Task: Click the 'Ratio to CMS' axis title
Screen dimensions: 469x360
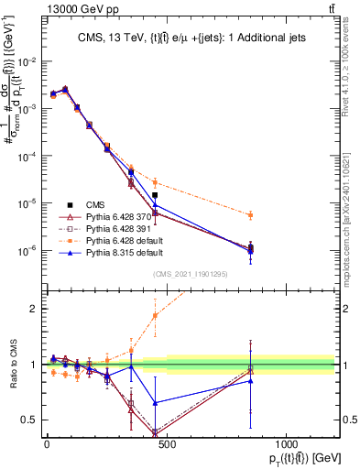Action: tap(11, 364)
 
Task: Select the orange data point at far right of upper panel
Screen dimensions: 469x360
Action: tap(251, 215)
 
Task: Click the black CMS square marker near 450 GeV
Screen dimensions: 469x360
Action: tap(155, 195)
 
